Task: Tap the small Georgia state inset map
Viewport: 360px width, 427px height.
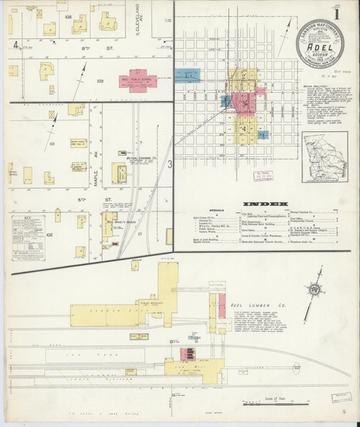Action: (x=325, y=157)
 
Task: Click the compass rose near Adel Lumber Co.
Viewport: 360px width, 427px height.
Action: (x=314, y=290)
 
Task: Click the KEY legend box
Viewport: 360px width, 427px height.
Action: (x=28, y=238)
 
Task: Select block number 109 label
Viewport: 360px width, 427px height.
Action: (x=100, y=81)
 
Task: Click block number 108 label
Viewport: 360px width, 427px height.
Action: (x=68, y=16)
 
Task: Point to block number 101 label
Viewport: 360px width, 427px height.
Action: (x=51, y=143)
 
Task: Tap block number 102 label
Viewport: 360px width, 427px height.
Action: (x=49, y=234)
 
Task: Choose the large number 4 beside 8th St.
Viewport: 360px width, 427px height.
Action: (x=14, y=45)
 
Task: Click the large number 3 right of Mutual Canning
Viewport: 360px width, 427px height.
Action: (x=170, y=163)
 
